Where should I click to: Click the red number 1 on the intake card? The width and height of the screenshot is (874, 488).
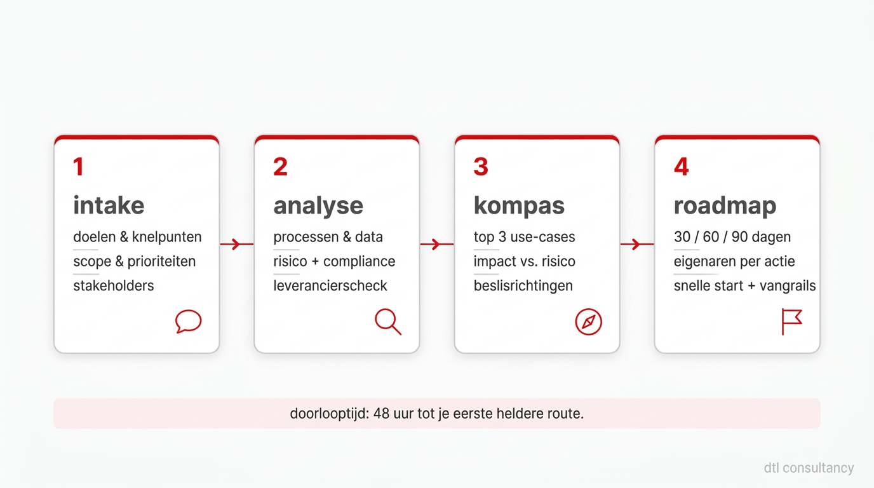coord(78,167)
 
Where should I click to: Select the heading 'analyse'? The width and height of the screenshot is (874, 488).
coord(318,206)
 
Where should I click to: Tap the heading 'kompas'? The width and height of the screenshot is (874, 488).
coord(519,206)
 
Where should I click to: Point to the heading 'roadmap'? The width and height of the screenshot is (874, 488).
coord(725,206)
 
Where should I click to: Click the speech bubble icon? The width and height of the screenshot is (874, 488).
coord(188,322)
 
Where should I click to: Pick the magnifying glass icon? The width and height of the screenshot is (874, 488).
coord(387,322)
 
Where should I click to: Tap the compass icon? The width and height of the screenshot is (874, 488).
coord(588,322)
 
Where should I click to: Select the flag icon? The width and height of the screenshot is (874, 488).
coord(791,322)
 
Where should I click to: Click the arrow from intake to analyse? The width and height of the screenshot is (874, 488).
coord(236,244)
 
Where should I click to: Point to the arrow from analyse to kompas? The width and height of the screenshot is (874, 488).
coord(436,244)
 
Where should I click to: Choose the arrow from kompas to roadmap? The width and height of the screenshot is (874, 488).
coord(636,244)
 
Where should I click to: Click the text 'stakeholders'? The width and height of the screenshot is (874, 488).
coord(113,286)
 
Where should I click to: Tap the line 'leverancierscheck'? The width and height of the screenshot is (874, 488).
coord(330,286)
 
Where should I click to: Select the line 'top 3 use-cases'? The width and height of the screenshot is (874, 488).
coord(524,238)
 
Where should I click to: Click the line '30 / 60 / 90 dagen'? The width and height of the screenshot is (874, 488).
coord(732,238)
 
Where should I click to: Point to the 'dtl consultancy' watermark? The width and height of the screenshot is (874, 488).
coord(809,468)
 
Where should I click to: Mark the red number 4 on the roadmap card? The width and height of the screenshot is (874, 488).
coord(681,167)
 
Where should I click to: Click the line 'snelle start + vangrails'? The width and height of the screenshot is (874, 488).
coord(744,286)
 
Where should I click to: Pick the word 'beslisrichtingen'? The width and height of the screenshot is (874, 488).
coord(523,286)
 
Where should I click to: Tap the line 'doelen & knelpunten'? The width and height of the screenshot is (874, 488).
coord(137,238)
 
